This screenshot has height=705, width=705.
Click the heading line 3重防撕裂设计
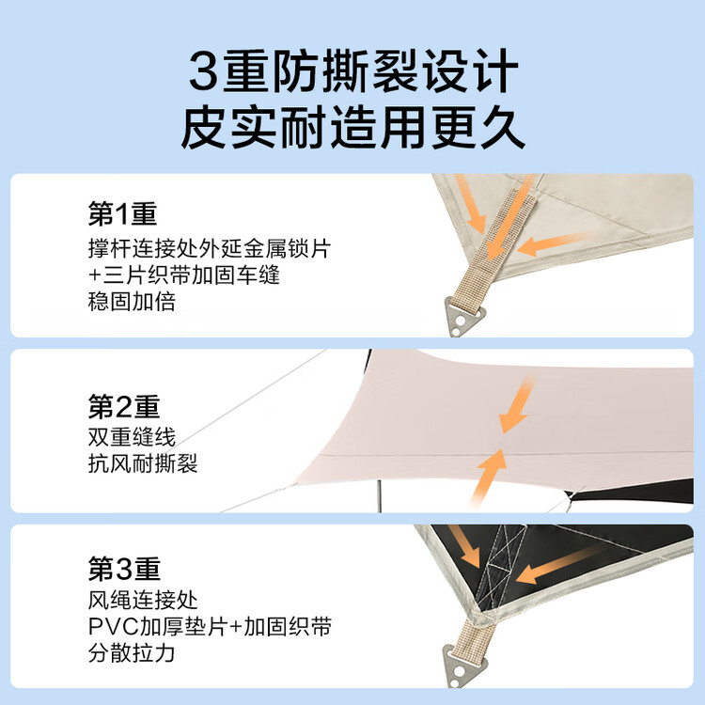click(x=353, y=71)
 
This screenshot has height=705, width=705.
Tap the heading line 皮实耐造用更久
click(x=352, y=128)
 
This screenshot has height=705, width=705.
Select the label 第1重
click(x=122, y=213)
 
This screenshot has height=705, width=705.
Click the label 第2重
click(x=124, y=406)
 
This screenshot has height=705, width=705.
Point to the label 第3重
click(x=124, y=569)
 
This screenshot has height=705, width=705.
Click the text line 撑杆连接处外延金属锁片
click(x=210, y=248)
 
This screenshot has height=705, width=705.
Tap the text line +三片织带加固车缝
click(x=184, y=274)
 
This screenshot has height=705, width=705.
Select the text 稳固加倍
click(x=132, y=301)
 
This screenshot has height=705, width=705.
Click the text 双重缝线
click(x=132, y=436)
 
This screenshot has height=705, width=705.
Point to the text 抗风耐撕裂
click(x=143, y=463)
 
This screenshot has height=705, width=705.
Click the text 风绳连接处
click(x=143, y=600)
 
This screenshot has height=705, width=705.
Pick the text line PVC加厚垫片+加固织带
click(x=210, y=626)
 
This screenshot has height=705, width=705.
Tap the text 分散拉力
click(x=132, y=653)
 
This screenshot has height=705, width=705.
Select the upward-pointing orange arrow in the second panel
click(x=489, y=478)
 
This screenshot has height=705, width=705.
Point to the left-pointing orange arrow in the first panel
click(x=556, y=243)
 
